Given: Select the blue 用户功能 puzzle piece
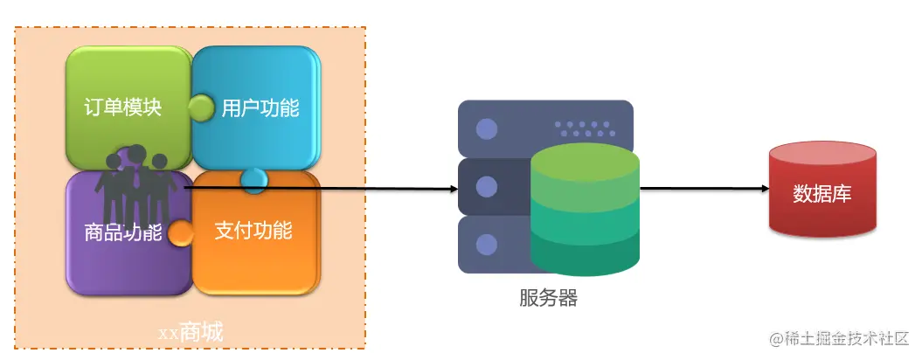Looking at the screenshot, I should pyautogui.click(x=259, y=107).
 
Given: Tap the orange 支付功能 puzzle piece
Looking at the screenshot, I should pyautogui.click(x=253, y=232).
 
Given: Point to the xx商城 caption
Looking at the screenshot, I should pyautogui.click(x=190, y=332).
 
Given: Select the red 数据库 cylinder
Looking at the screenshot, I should pyautogui.click(x=821, y=192).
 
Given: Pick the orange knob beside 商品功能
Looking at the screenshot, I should pyautogui.click(x=181, y=233).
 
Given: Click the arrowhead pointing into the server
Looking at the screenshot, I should pyautogui.click(x=452, y=189).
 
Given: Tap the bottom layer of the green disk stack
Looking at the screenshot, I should pyautogui.click(x=585, y=254).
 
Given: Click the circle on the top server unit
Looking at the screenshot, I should pyautogui.click(x=486, y=129).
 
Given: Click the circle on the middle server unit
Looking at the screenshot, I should pyautogui.click(x=486, y=186).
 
